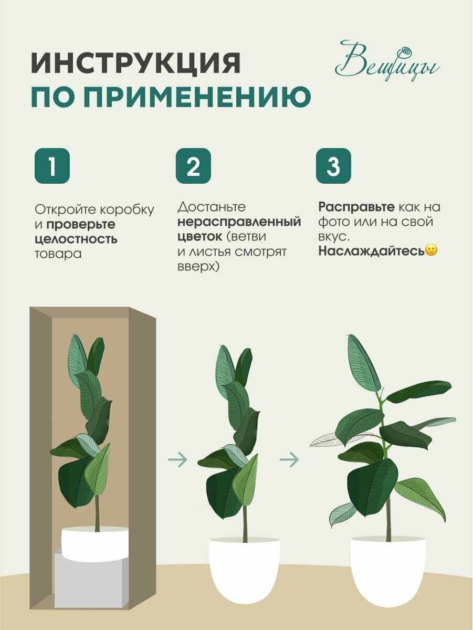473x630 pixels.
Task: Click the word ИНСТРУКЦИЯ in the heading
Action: (135, 63)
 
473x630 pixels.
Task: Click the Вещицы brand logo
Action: (387, 61)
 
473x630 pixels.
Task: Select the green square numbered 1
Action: (52, 166)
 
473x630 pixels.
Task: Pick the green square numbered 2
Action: (193, 166)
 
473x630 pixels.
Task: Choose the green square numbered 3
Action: (333, 166)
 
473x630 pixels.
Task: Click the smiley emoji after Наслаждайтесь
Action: (431, 250)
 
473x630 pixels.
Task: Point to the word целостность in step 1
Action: (76, 239)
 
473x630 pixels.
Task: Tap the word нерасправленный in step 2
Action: (239, 222)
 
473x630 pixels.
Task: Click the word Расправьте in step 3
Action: (356, 207)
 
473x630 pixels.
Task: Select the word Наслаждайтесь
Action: (371, 251)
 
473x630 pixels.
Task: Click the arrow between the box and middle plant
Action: (177, 459)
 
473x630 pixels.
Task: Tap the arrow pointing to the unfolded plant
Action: (289, 459)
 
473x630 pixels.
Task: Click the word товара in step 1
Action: (58, 254)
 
